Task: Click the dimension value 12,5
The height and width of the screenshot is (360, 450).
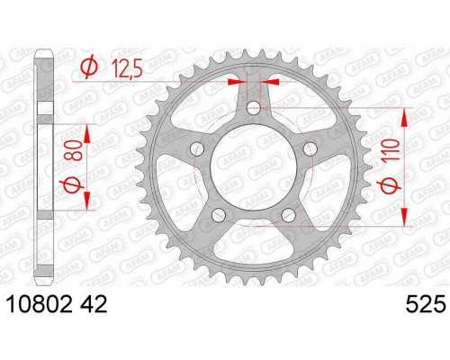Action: tap(127, 68)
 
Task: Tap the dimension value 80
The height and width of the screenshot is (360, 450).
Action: tap(75, 150)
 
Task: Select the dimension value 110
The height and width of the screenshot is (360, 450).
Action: tap(390, 150)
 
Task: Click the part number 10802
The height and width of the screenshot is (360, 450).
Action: tap(40, 304)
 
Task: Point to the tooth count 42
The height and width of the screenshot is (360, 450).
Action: tap(94, 304)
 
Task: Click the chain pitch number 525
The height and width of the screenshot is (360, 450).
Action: tap(426, 304)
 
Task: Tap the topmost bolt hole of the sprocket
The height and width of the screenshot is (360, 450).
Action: tap(254, 108)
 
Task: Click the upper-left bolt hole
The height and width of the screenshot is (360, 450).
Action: tap(197, 148)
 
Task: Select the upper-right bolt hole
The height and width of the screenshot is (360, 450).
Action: tap(310, 148)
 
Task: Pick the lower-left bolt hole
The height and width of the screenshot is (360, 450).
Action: tap(219, 214)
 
